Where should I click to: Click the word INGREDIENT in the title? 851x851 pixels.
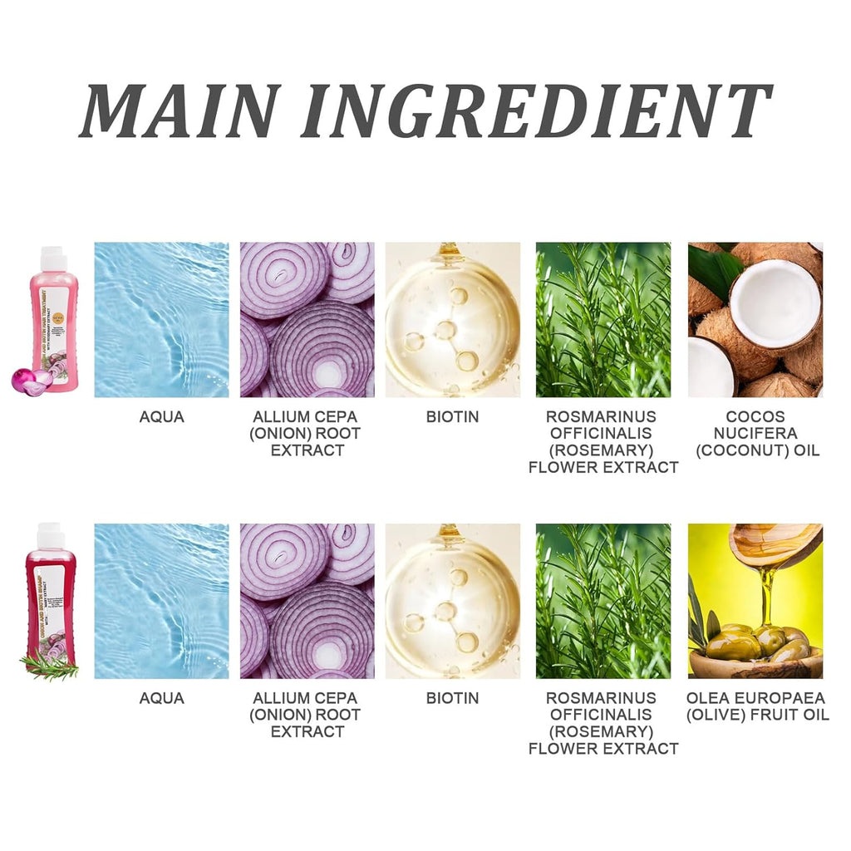pos(536,110)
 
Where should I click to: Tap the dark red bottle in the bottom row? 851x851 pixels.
pos(49,594)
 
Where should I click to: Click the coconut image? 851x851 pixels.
pos(755,320)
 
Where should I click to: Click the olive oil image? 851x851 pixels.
pos(755,601)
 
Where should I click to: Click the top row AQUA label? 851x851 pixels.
pos(161,417)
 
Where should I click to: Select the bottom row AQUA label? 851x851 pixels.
pos(161,698)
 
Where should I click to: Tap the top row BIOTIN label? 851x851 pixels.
pos(452,417)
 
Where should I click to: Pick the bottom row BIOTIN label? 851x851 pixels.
pos(452,698)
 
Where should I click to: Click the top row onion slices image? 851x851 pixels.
pos(307,320)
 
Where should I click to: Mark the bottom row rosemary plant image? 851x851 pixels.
pos(603,601)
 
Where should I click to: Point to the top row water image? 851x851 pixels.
pos(161,320)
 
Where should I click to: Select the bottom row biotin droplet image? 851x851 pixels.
pos(452,601)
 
